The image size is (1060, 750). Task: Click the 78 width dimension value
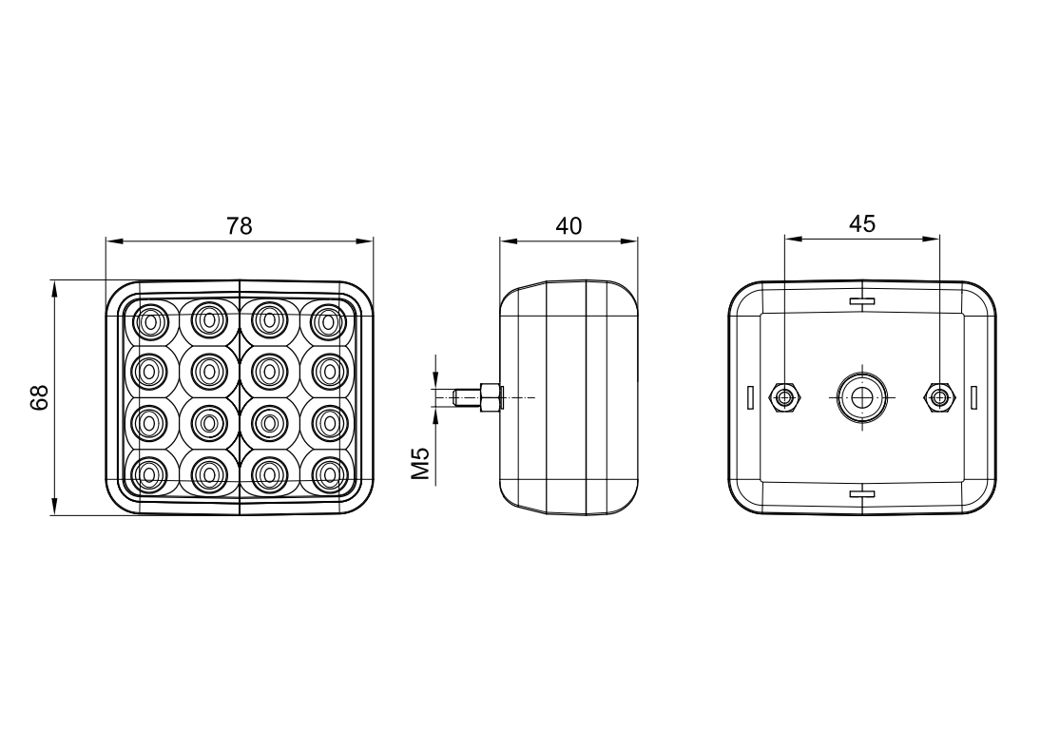click(x=239, y=225)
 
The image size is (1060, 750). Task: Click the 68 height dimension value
click(x=41, y=397)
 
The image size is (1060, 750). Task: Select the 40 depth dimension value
click(x=568, y=225)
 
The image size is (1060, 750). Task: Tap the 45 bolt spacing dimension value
click(x=862, y=223)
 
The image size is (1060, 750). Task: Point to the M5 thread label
click(x=421, y=463)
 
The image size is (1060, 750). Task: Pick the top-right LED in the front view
click(x=329, y=319)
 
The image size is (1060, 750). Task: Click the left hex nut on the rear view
click(x=784, y=397)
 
